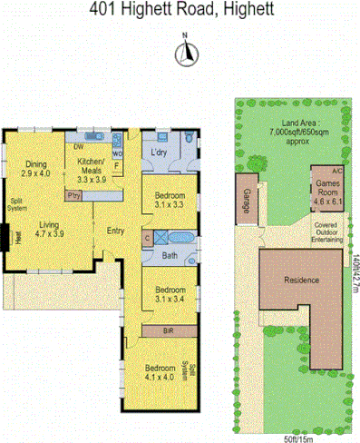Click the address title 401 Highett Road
tap(180, 10)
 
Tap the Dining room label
tap(36, 164)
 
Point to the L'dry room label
tap(163, 152)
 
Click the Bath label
tap(169, 255)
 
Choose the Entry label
tap(116, 231)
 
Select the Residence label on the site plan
tap(301, 280)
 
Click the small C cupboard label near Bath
tap(147, 238)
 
